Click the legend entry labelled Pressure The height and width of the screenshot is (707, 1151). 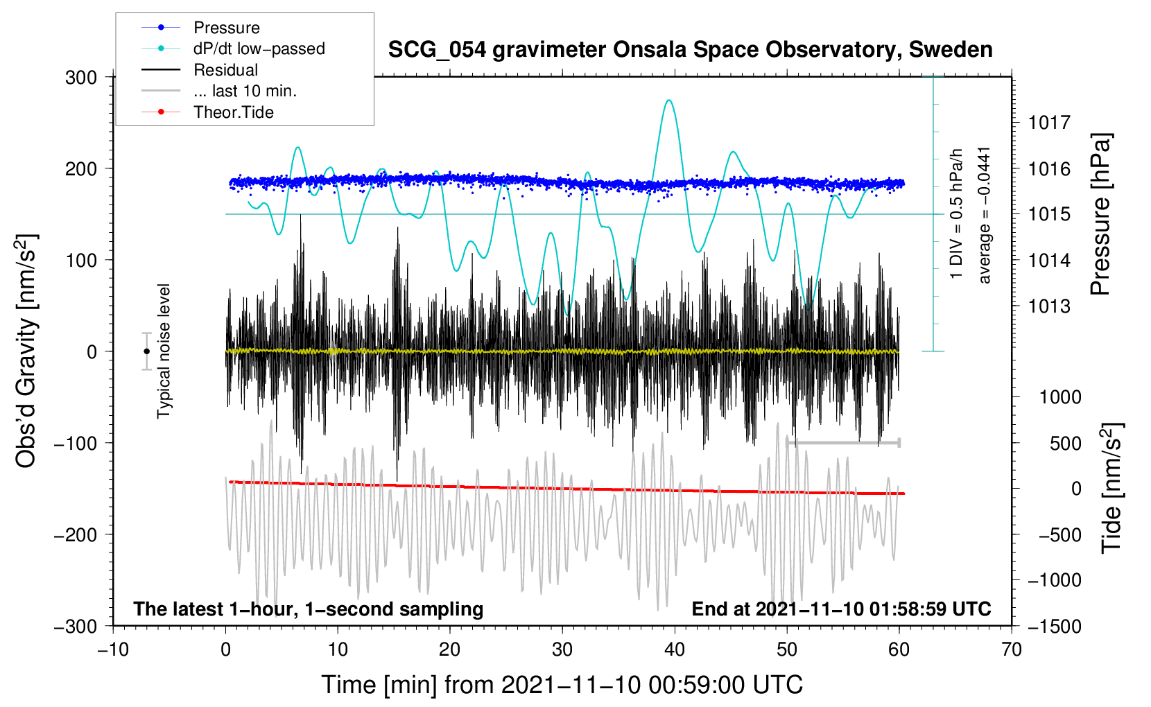click(226, 28)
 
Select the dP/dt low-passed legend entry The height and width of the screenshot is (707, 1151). click(259, 49)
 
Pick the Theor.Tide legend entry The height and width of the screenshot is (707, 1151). click(233, 112)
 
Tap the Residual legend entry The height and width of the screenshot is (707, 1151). click(225, 70)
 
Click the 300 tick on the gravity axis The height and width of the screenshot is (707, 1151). click(81, 77)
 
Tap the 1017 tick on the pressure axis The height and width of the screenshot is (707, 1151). click(1049, 123)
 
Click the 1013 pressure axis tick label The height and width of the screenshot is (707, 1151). click(1049, 306)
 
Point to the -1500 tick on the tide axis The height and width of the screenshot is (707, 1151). click(1054, 626)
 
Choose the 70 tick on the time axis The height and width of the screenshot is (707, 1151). click(1012, 649)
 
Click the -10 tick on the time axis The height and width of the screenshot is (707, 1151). click(113, 649)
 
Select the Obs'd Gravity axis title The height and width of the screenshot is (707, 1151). click(26, 351)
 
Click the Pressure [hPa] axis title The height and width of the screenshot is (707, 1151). click(1100, 215)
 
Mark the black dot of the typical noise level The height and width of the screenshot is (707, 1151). click(146, 351)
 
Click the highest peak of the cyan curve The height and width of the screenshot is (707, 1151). click(668, 101)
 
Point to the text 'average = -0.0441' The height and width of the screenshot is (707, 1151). click(985, 215)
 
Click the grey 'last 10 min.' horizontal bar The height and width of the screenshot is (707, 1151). click(843, 442)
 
